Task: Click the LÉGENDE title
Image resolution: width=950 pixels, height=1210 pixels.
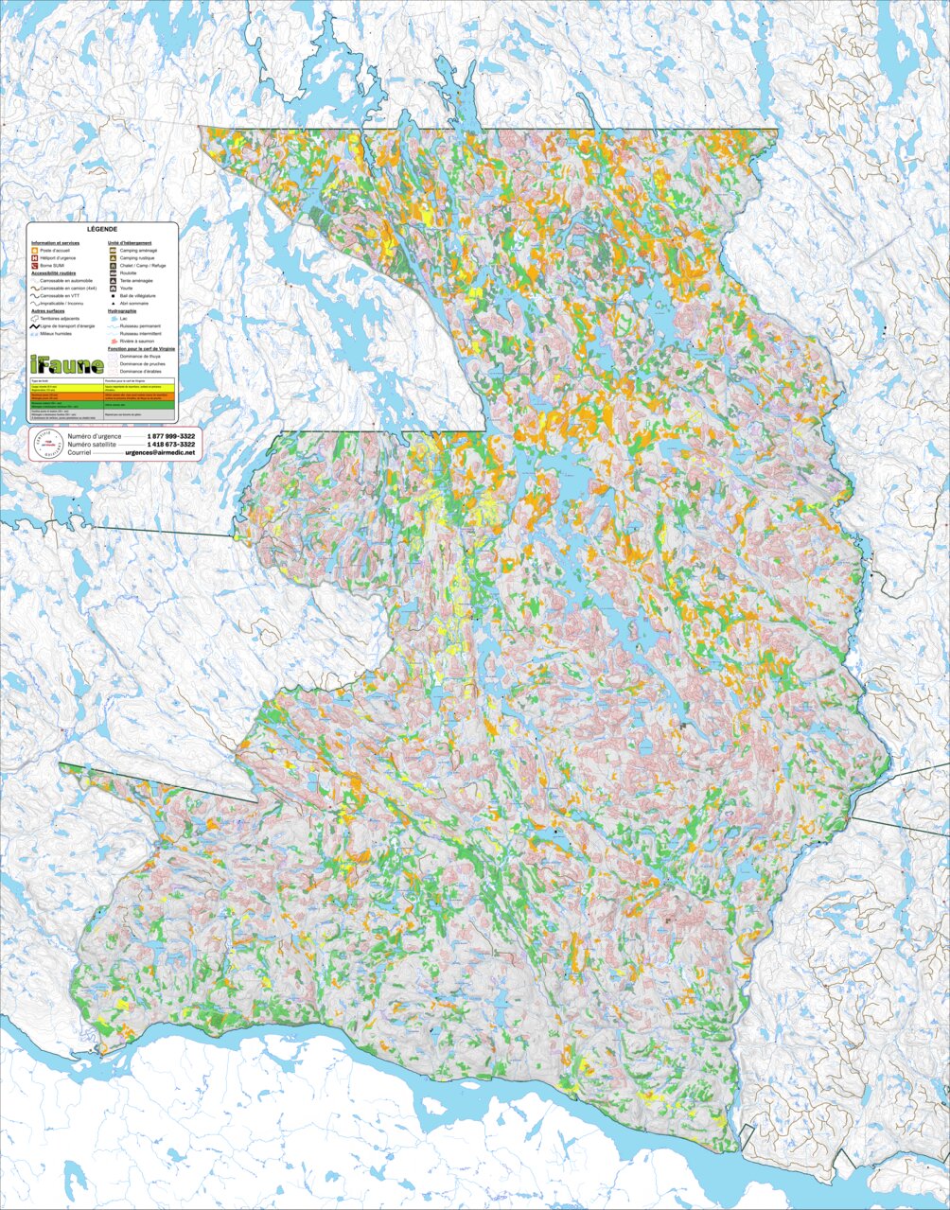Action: (x=102, y=230)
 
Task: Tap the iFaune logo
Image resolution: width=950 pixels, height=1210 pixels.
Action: (x=65, y=365)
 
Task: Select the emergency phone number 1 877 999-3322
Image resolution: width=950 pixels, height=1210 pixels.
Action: (x=171, y=435)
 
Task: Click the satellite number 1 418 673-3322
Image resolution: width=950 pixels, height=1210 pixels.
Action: (x=171, y=444)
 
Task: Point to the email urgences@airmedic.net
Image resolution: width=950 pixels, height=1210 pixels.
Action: (x=164, y=453)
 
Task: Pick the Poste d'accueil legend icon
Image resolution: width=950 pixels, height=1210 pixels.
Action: (x=35, y=250)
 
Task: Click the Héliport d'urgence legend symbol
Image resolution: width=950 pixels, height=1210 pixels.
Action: (x=35, y=257)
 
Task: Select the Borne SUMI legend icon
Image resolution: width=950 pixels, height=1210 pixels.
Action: (x=35, y=266)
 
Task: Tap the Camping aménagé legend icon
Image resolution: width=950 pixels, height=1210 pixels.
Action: (x=114, y=250)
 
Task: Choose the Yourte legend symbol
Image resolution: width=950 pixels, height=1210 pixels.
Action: (x=114, y=288)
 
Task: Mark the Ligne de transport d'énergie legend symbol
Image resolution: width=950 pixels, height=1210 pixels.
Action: (x=35, y=326)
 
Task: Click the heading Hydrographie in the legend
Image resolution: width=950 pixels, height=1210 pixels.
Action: (x=127, y=311)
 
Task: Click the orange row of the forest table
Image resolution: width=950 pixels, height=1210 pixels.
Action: (x=102, y=396)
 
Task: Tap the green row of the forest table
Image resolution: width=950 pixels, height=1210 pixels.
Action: (x=102, y=405)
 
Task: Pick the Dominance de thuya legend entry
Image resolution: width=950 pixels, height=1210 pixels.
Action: (x=139, y=357)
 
